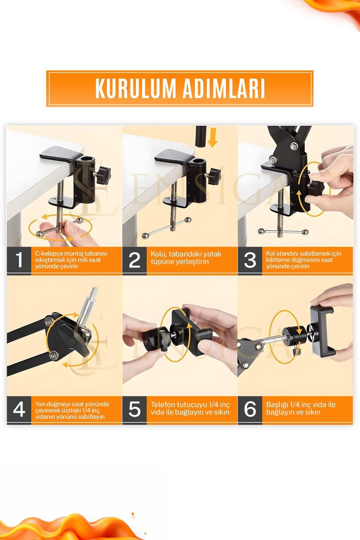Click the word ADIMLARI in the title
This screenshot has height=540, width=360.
pyautogui.click(x=223, y=89)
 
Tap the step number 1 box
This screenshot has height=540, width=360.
pyautogui.click(x=19, y=260)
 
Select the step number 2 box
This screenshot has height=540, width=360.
pyautogui.click(x=134, y=260)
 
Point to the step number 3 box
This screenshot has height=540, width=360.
pyautogui.click(x=250, y=260)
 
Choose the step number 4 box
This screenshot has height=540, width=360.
pyautogui.click(x=19, y=410)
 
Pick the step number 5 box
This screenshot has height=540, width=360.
pyautogui.click(x=134, y=410)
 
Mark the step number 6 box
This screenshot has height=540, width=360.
pyautogui.click(x=250, y=410)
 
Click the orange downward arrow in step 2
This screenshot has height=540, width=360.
pyautogui.click(x=213, y=137)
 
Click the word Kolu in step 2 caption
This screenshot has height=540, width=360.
pyautogui.click(x=157, y=254)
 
